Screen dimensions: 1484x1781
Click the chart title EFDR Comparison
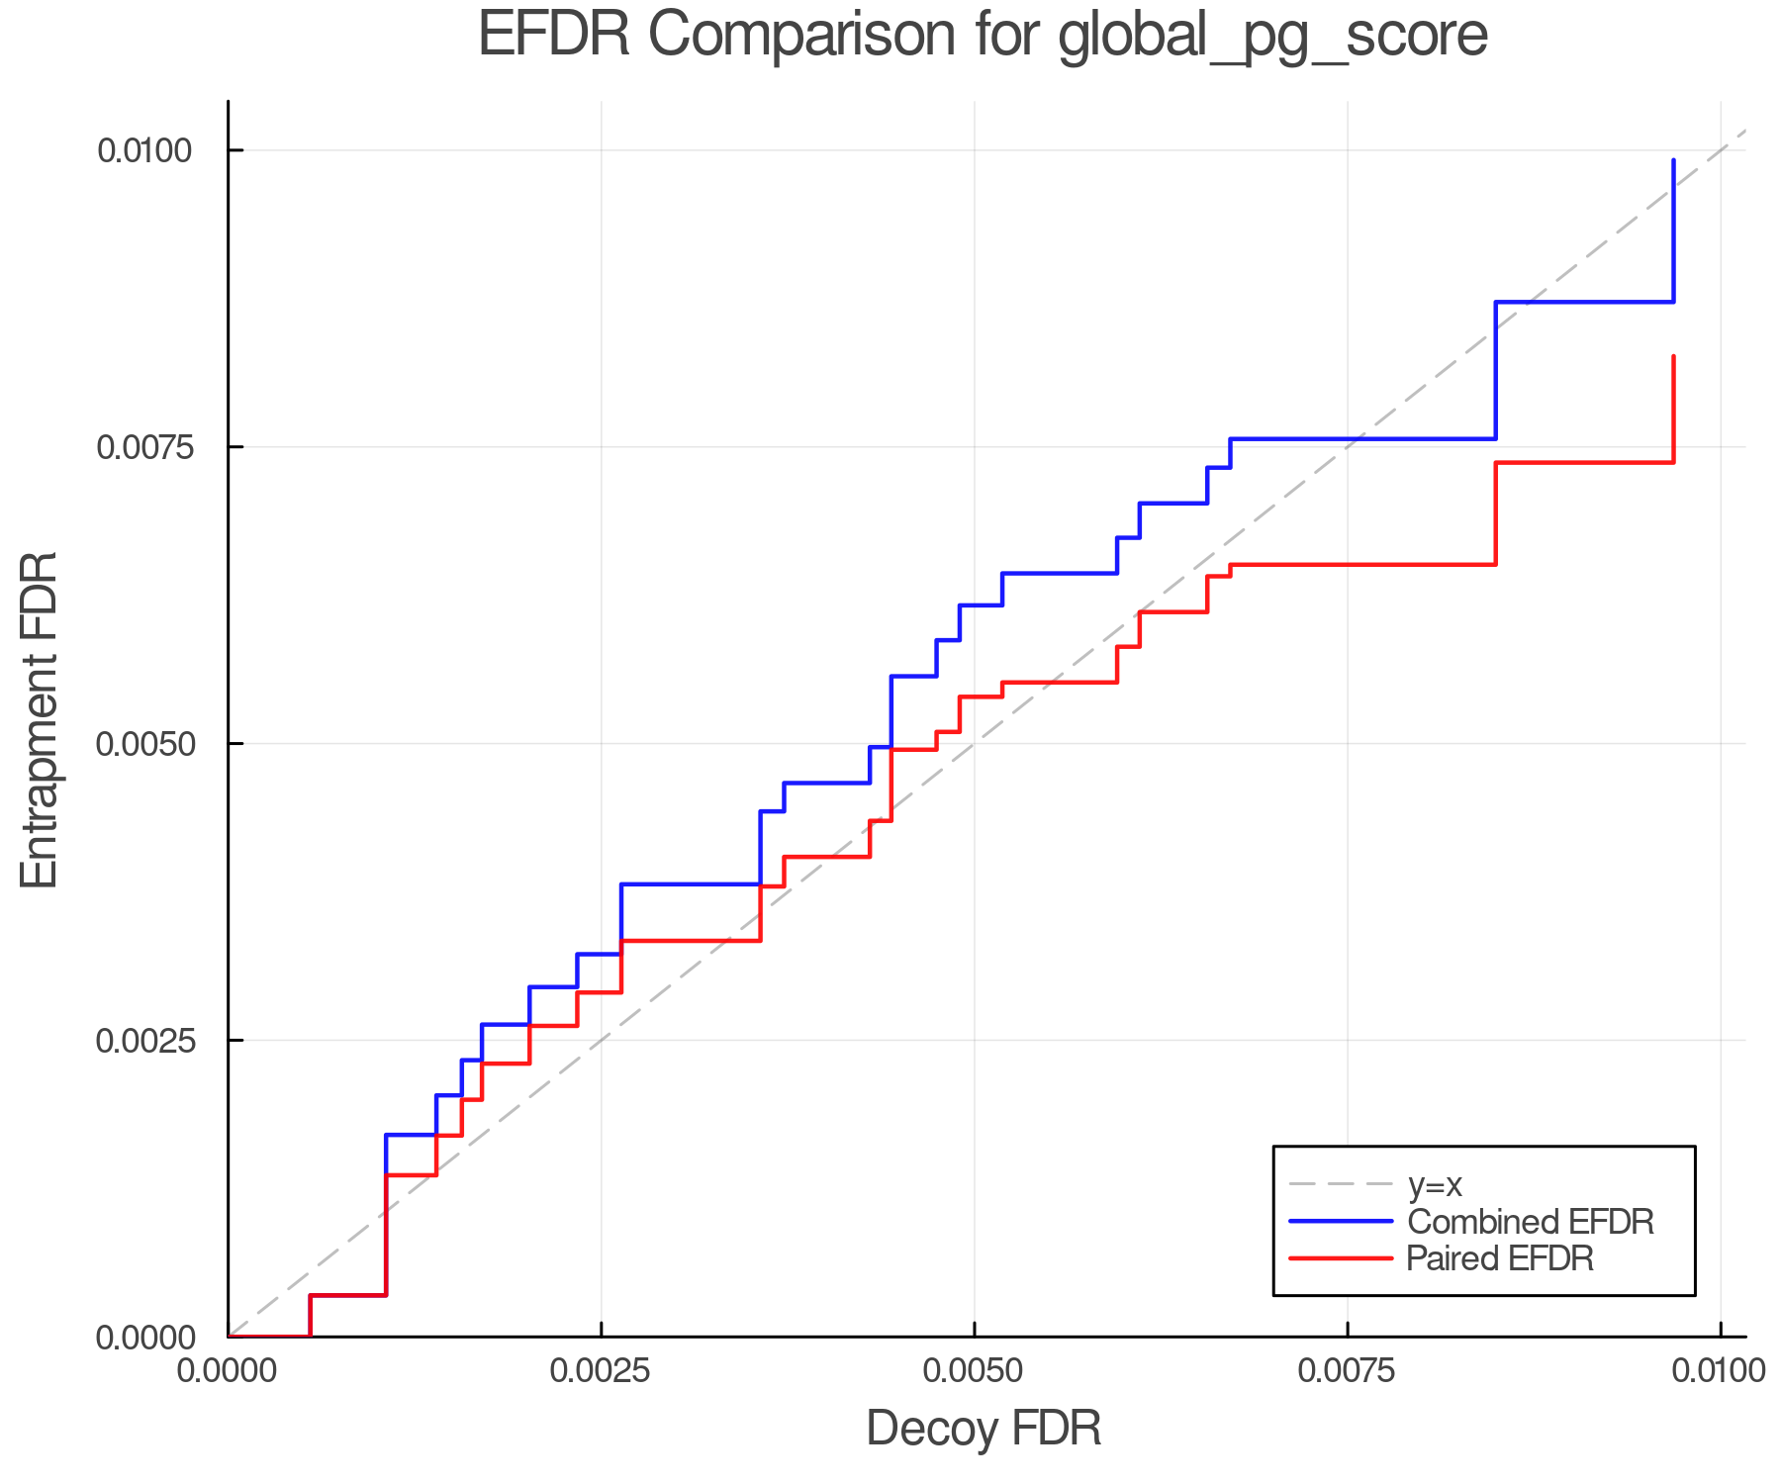tap(983, 36)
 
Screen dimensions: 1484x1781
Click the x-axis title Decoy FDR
tap(984, 1429)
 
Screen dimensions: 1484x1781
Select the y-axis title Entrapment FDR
tap(41, 719)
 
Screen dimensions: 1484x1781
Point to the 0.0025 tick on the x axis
tap(601, 1370)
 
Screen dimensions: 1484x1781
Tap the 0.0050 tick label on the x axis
tap(975, 1370)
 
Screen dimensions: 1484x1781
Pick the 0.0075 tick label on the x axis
tap(1348, 1370)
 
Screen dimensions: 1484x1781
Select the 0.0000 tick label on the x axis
tap(228, 1370)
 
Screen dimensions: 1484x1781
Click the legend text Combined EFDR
tap(1530, 1222)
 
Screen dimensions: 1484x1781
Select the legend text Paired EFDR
tap(1500, 1258)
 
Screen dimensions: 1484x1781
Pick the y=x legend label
tap(1435, 1184)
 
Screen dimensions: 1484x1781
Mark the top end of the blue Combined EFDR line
tap(1673, 160)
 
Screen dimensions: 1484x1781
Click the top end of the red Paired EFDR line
tap(1673, 356)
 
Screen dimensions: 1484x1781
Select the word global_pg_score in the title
tap(1272, 36)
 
